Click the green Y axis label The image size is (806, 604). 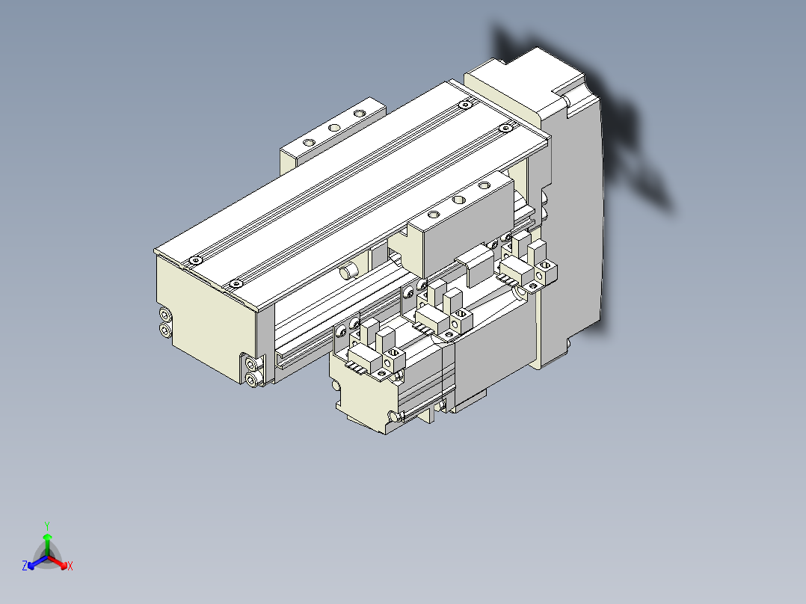(x=46, y=526)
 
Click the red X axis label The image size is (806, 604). (x=70, y=566)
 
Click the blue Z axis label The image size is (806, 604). (x=25, y=566)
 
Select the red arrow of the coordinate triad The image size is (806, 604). (x=60, y=562)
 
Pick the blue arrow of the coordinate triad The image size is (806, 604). (x=34, y=563)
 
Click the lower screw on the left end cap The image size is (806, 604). (x=164, y=330)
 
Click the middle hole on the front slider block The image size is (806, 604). (x=458, y=200)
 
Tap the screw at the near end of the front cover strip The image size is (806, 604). (x=236, y=283)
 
